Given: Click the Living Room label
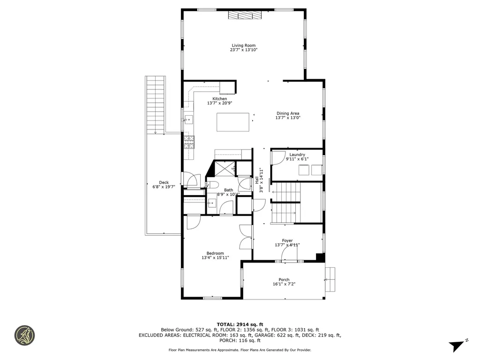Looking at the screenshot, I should click(243, 45).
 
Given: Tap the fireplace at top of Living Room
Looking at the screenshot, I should click(244, 15).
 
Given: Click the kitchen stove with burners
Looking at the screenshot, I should click(189, 142).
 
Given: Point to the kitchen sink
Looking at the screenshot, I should click(188, 120).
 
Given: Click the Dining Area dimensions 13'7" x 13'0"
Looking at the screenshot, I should click(287, 118).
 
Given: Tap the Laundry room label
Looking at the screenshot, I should click(297, 155).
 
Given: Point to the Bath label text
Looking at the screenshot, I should click(228, 190).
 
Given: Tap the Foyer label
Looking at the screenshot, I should click(287, 240).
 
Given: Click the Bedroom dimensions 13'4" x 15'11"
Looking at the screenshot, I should click(215, 258).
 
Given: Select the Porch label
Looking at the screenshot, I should click(284, 279).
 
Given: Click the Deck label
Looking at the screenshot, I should click(164, 182).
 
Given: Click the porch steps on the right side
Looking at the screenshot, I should click(330, 279).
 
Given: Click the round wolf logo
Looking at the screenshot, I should click(24, 335).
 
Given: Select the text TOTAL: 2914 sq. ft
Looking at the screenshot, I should click(240, 324).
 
